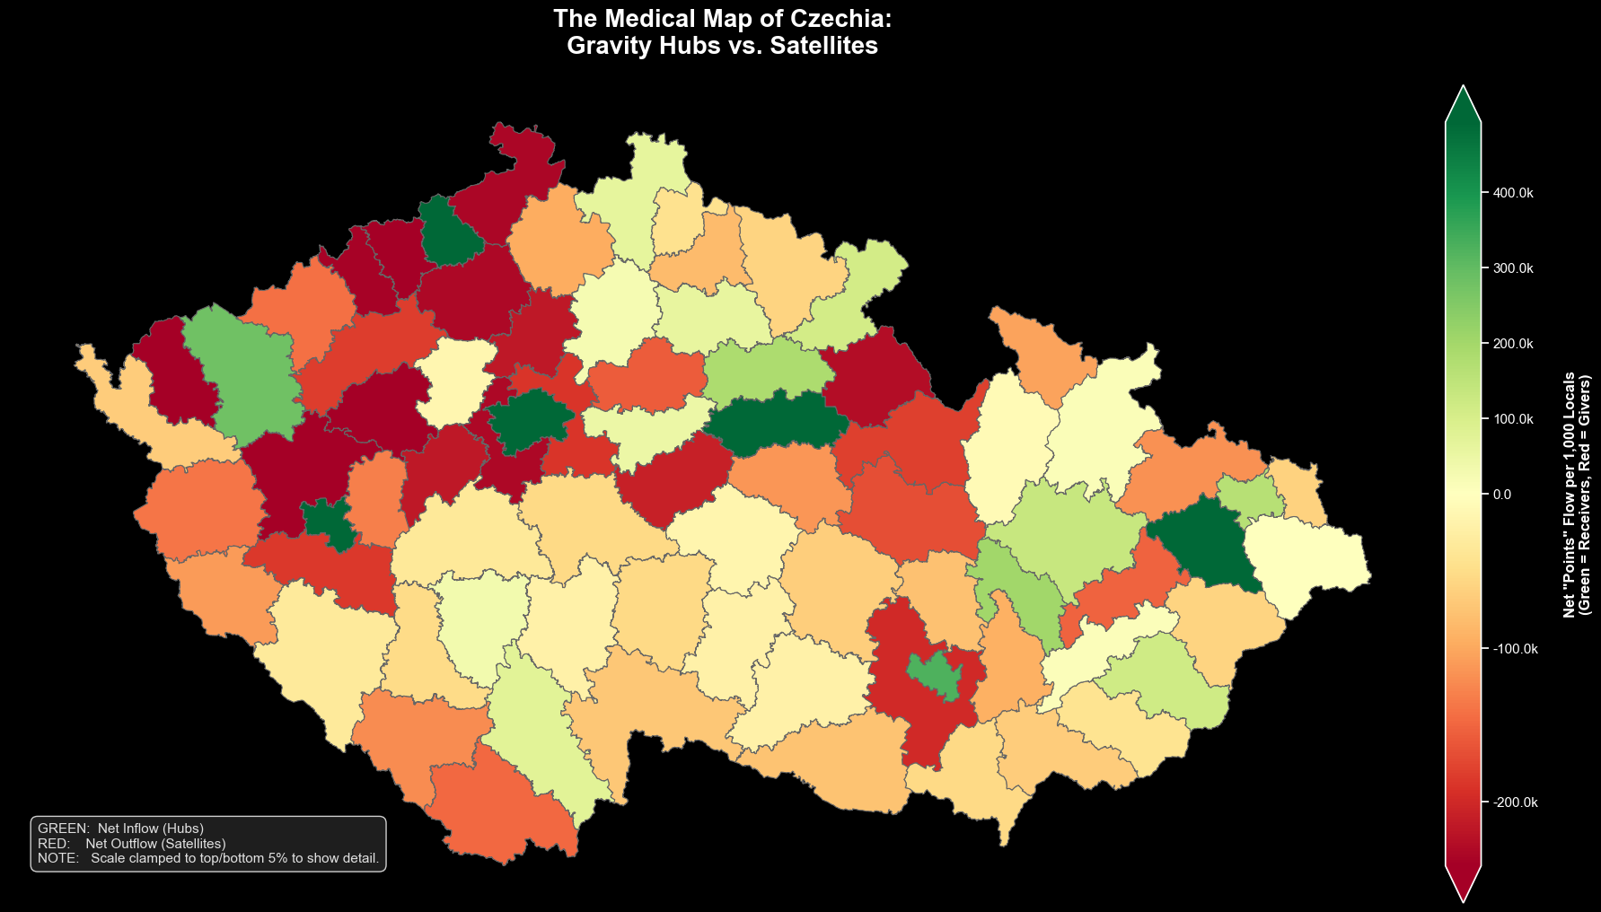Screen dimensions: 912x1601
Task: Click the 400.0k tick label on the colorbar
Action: point(1513,193)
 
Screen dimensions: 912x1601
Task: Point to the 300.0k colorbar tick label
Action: point(1513,268)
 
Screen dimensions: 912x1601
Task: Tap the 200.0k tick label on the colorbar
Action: point(1513,344)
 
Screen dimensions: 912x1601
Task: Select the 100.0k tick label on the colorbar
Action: point(1513,419)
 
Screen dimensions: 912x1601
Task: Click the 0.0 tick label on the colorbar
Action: point(1501,495)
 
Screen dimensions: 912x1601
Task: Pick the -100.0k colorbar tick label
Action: point(1515,649)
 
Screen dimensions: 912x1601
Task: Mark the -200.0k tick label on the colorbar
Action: point(1515,802)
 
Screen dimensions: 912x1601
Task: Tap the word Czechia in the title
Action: point(838,19)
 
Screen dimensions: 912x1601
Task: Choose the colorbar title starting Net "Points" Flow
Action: point(1576,494)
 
